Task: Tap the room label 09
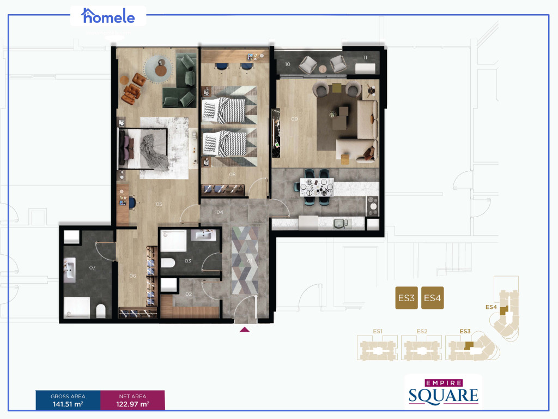coord(294,118)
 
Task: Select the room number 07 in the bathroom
coord(92,267)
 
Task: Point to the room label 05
coord(159,205)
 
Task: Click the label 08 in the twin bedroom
coord(232,175)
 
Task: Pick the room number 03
coord(187,261)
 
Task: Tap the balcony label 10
coord(288,64)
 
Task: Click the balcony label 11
coord(365,57)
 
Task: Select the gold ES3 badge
coord(406,298)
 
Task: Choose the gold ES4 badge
coord(432,298)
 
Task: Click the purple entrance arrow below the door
coord(245,329)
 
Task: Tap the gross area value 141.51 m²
coord(68,405)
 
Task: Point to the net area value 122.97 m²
coord(132,405)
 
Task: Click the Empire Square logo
coord(443,391)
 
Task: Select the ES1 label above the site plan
coord(378,331)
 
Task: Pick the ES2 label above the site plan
coord(421,331)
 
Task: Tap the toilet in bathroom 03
coord(167,263)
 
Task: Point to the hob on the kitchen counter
coord(373,203)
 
